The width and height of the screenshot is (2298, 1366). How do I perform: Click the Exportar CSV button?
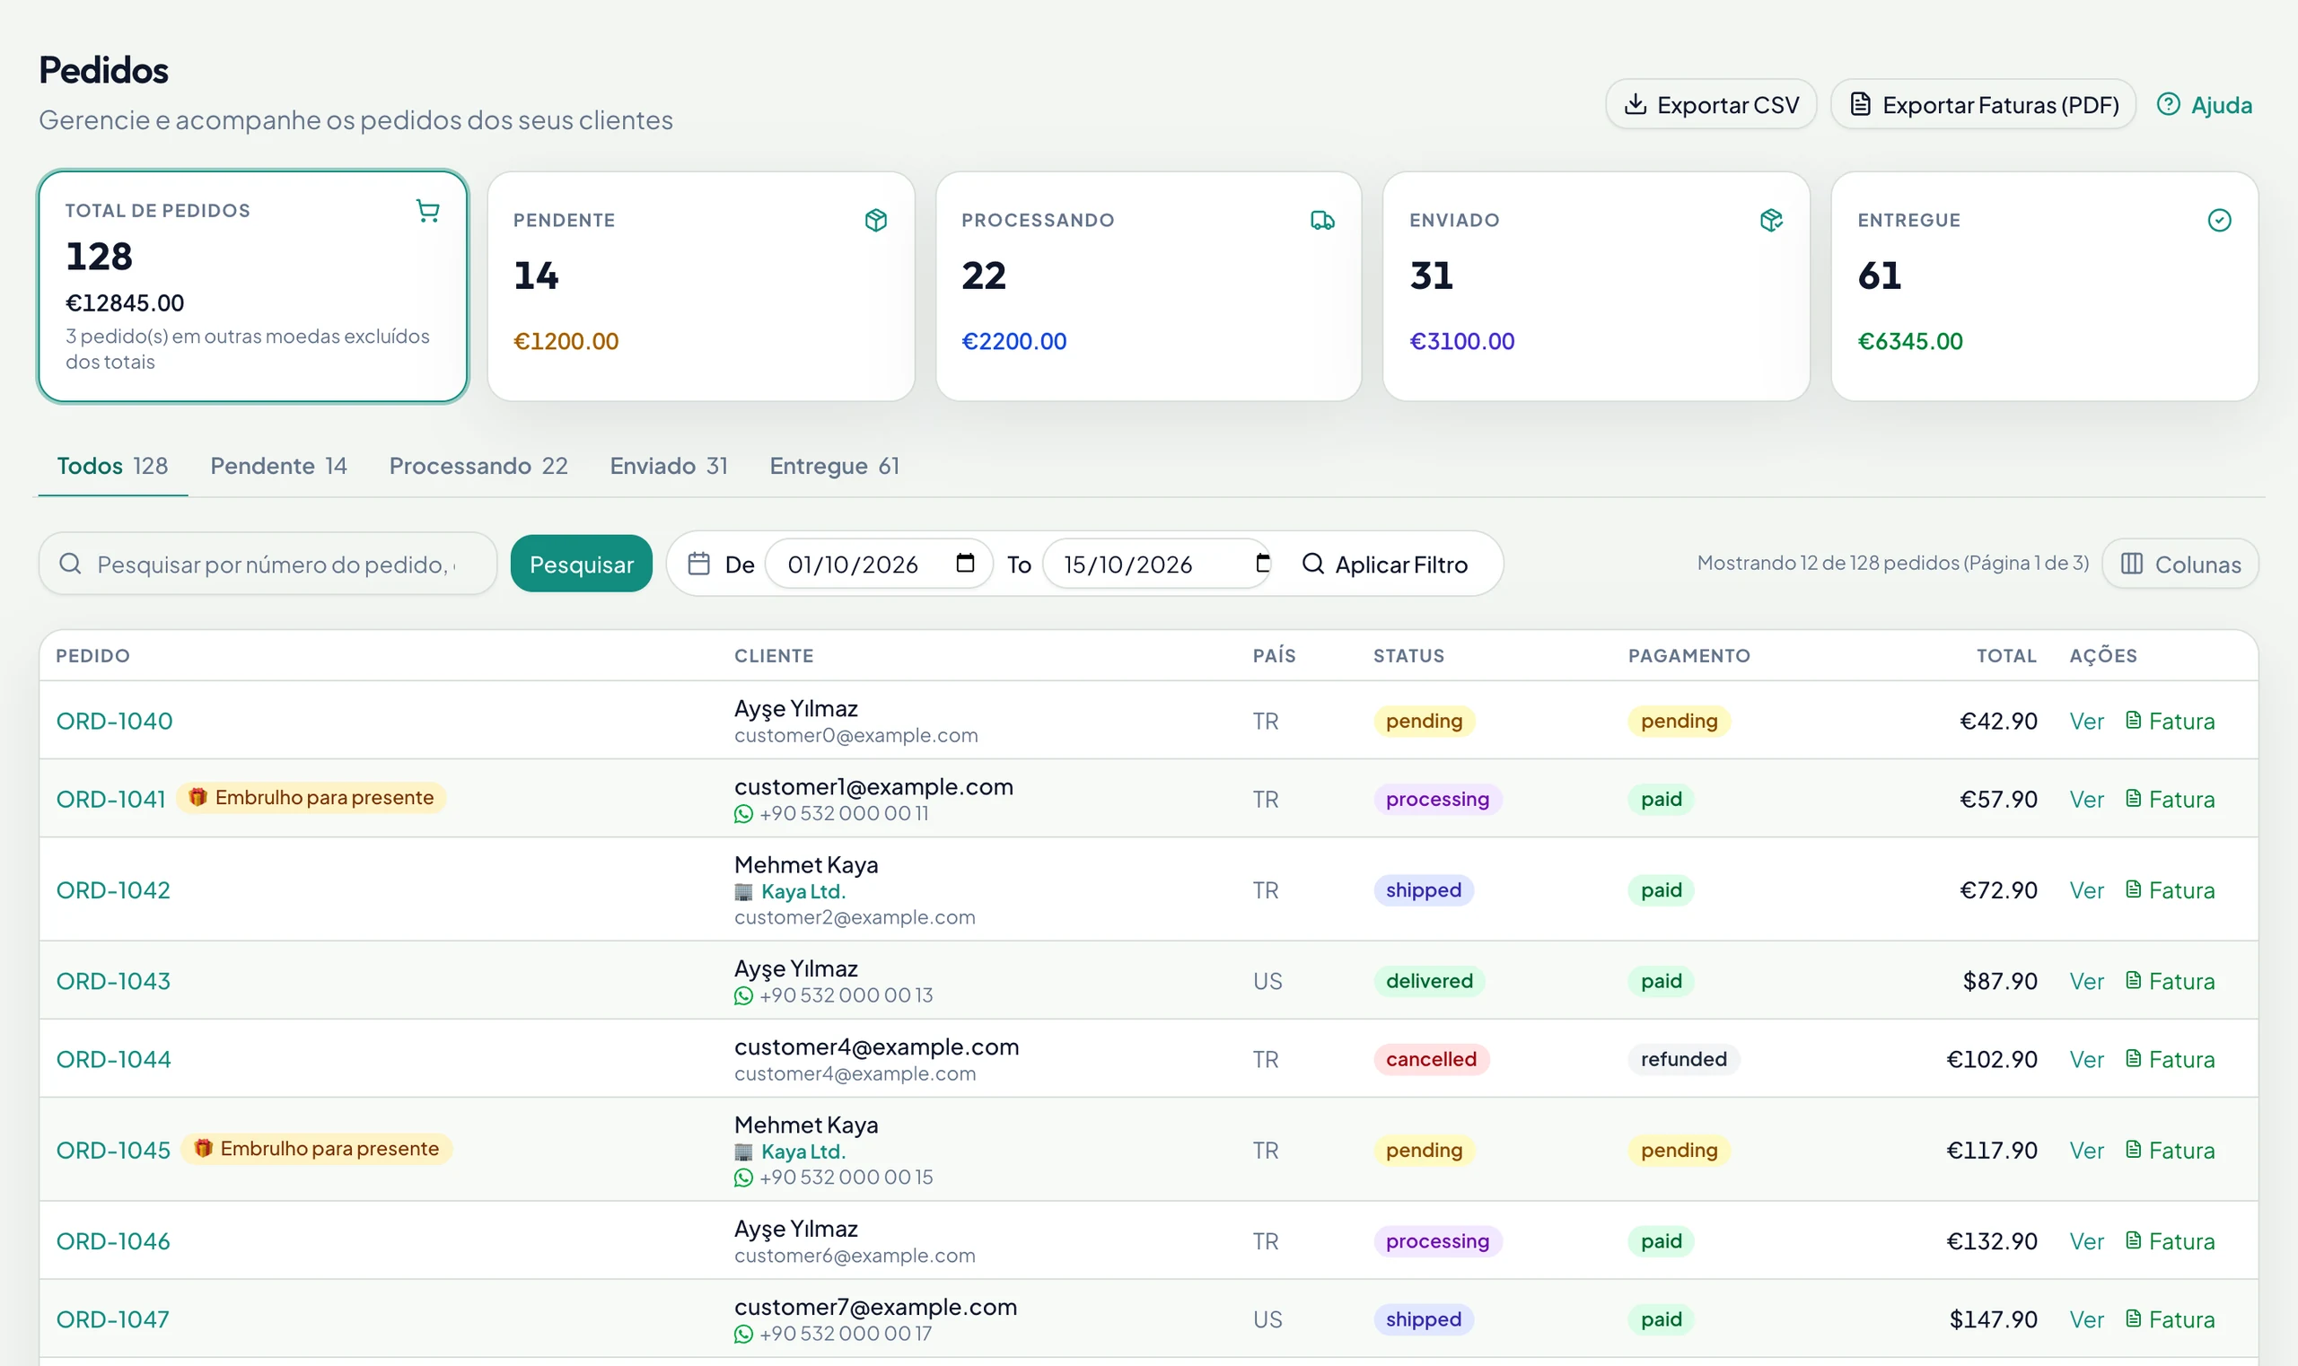(x=1711, y=104)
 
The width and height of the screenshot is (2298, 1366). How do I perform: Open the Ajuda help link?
(x=2204, y=105)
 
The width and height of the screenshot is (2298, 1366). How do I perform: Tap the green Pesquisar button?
(x=581, y=564)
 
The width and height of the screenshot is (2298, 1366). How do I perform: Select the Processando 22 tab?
(x=478, y=466)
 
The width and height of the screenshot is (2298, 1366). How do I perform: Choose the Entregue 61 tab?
(x=834, y=466)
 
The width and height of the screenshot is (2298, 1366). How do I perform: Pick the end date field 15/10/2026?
(x=1157, y=564)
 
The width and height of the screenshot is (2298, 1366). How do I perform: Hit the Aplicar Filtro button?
(x=1386, y=564)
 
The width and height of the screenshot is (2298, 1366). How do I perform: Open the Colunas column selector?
(x=2180, y=564)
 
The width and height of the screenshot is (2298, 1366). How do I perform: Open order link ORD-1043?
(x=113, y=980)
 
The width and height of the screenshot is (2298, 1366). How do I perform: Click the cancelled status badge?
(x=1432, y=1058)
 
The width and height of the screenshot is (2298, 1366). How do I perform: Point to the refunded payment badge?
(x=1684, y=1058)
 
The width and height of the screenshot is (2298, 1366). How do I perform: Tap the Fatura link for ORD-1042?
(x=2170, y=890)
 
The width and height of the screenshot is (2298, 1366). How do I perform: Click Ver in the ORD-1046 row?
(x=2086, y=1241)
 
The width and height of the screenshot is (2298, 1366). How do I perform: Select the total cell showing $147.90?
(x=1994, y=1319)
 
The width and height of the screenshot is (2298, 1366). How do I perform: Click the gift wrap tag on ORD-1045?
(x=317, y=1149)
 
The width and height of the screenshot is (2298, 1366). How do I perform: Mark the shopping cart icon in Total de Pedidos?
(x=427, y=211)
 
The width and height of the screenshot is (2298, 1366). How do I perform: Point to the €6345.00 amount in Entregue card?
(x=1910, y=340)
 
